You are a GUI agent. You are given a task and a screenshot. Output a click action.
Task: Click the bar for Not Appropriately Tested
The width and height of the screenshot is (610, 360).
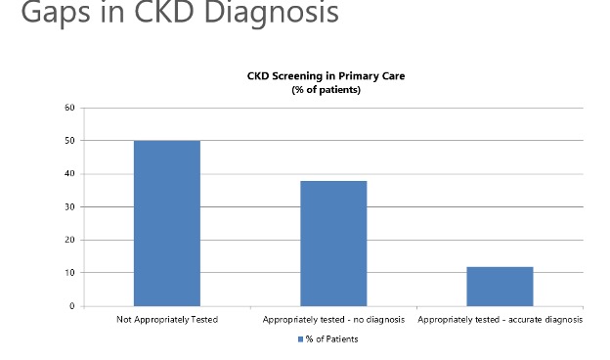pos(166,223)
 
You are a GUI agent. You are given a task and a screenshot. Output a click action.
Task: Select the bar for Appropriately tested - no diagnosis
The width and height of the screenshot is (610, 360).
pos(333,244)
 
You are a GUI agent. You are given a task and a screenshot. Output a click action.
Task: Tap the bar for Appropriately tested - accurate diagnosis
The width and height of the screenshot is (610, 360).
pos(500,286)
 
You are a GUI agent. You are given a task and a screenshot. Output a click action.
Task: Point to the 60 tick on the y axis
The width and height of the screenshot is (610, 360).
pos(69,108)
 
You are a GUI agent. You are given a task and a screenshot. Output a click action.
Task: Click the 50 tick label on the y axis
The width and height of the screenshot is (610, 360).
pos(69,141)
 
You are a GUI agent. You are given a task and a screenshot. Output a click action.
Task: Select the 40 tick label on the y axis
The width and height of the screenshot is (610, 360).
pos(69,174)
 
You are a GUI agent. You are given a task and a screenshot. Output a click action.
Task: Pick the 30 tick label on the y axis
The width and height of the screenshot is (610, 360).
pos(69,207)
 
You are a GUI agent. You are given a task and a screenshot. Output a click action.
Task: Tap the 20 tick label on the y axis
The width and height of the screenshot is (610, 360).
pos(69,241)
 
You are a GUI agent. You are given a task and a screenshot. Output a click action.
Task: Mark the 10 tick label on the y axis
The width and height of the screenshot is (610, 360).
pos(69,273)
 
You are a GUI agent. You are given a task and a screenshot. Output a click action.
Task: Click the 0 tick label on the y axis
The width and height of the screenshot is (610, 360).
pos(71,306)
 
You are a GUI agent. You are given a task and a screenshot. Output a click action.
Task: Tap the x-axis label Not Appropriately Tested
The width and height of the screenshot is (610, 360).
pos(166,320)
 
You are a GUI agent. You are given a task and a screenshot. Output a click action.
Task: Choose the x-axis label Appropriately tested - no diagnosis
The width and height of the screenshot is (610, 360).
pos(333,320)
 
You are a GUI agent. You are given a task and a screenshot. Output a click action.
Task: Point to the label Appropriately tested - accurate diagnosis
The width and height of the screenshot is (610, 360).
pos(500,320)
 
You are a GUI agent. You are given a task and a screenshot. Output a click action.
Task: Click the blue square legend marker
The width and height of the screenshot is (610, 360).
pos(300,339)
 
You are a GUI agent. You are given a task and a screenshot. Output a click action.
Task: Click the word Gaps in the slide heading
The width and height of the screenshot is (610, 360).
pos(55,14)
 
